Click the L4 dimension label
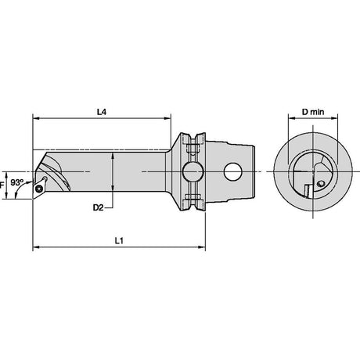point(102,112)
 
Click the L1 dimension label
point(119,240)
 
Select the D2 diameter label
point(98,207)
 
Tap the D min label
point(313,112)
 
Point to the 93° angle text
point(17,182)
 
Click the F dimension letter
point(2,185)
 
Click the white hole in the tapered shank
point(233,171)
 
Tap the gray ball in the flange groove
point(193,171)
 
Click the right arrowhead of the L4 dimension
point(167,118)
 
